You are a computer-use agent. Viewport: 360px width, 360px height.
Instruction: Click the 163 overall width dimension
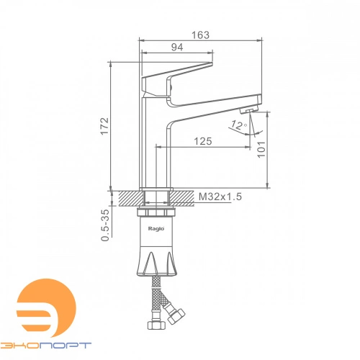point(200,35)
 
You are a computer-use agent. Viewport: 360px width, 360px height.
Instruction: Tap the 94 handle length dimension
point(177,48)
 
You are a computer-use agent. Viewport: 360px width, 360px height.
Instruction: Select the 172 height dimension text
point(105,126)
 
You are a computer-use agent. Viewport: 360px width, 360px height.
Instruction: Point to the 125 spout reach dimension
point(203,141)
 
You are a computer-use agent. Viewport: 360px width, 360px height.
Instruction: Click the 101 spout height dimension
point(261,149)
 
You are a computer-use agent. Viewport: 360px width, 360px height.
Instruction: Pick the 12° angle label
point(238,125)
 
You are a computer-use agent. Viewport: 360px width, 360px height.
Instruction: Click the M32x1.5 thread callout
point(220,197)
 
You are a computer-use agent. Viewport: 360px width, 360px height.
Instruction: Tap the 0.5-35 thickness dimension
point(105,225)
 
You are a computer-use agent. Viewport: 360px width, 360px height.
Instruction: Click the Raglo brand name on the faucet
point(156,229)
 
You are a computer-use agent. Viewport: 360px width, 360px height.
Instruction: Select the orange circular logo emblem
point(46,308)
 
